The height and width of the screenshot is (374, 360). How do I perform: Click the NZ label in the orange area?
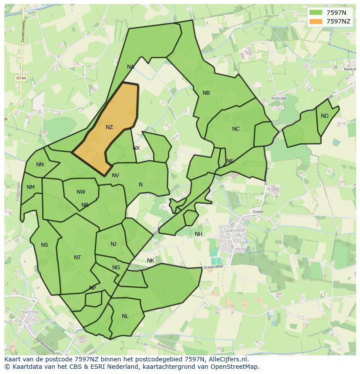(109, 127)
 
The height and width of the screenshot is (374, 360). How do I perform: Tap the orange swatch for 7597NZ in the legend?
(316, 21)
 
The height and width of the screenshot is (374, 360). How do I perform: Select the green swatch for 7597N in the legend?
(316, 13)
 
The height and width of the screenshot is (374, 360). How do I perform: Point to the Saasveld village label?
(233, 229)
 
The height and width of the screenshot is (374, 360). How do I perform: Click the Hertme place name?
(30, 312)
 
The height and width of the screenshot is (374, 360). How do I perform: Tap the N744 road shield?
(20, 78)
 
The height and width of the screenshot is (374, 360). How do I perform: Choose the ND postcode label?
(325, 116)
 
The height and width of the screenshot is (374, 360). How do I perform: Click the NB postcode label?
(206, 93)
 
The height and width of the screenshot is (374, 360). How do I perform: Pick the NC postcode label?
(236, 129)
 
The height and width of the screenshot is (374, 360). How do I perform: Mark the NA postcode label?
(130, 67)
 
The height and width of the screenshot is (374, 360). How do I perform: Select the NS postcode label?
(44, 245)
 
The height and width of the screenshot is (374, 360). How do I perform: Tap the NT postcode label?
(77, 258)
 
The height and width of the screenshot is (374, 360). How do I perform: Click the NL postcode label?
(125, 316)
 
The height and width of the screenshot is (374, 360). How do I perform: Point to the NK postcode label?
(150, 261)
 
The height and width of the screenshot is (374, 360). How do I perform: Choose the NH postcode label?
(198, 234)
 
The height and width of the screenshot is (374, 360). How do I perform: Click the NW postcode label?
(81, 192)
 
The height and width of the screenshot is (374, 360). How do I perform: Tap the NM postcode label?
(30, 187)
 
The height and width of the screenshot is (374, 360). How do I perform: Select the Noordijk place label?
(279, 99)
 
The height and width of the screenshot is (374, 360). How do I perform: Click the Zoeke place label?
(258, 212)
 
